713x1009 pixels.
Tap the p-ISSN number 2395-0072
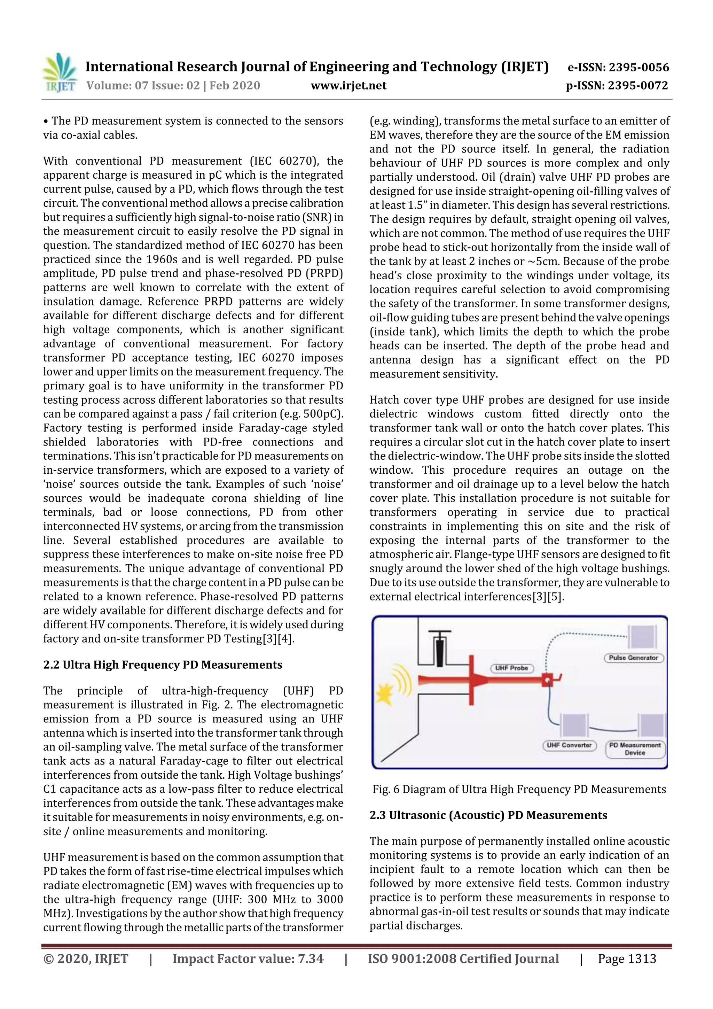tap(638, 86)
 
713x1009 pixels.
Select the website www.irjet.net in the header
tap(348, 86)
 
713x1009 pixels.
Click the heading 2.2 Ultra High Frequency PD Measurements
tap(163, 665)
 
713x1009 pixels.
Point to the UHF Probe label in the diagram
tap(511, 668)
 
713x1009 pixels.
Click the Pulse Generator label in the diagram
tap(633, 658)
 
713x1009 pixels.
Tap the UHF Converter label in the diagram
tap(569, 745)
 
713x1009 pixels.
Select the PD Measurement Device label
tap(635, 749)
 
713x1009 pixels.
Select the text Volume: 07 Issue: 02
tap(143, 86)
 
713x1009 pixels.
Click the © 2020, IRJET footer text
tap(86, 958)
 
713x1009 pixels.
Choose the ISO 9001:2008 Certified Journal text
tap(463, 958)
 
